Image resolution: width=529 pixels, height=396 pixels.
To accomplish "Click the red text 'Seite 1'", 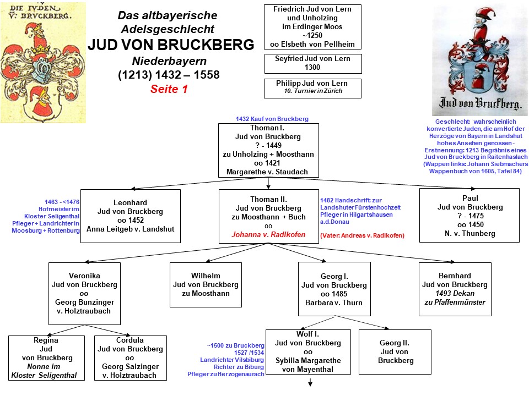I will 169,89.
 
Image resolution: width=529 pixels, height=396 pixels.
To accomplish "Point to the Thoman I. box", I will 268,150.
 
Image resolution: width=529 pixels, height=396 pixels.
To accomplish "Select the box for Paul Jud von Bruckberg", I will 469,215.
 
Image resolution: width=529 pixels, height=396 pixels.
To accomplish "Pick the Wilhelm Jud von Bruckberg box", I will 206,284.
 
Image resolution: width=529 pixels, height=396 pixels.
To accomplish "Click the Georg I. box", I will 334,289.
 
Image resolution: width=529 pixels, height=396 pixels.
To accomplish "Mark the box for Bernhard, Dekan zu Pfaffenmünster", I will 455,289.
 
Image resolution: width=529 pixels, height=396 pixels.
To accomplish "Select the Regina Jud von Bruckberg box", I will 47,358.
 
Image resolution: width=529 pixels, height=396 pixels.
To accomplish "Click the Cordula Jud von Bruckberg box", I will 130,358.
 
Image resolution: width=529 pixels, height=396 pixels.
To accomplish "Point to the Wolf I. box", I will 308,354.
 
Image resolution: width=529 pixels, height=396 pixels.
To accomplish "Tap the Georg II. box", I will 395,351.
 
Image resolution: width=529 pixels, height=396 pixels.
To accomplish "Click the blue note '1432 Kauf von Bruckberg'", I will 272,119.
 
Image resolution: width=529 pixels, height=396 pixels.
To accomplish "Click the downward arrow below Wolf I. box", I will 310,383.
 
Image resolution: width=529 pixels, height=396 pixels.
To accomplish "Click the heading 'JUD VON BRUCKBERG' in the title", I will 171,45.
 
